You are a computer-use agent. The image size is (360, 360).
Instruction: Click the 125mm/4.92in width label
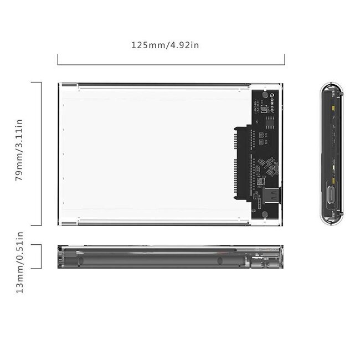(x=165, y=45)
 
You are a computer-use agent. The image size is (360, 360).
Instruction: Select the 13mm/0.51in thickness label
(x=19, y=270)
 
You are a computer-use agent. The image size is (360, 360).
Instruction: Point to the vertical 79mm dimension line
(x=41, y=153)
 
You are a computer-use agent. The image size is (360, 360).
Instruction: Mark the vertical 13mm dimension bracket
(x=41, y=256)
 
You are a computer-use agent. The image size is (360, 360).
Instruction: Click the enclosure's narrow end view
(x=331, y=155)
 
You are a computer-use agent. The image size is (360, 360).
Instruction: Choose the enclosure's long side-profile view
(x=170, y=256)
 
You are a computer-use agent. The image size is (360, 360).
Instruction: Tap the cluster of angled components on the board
(x=269, y=164)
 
